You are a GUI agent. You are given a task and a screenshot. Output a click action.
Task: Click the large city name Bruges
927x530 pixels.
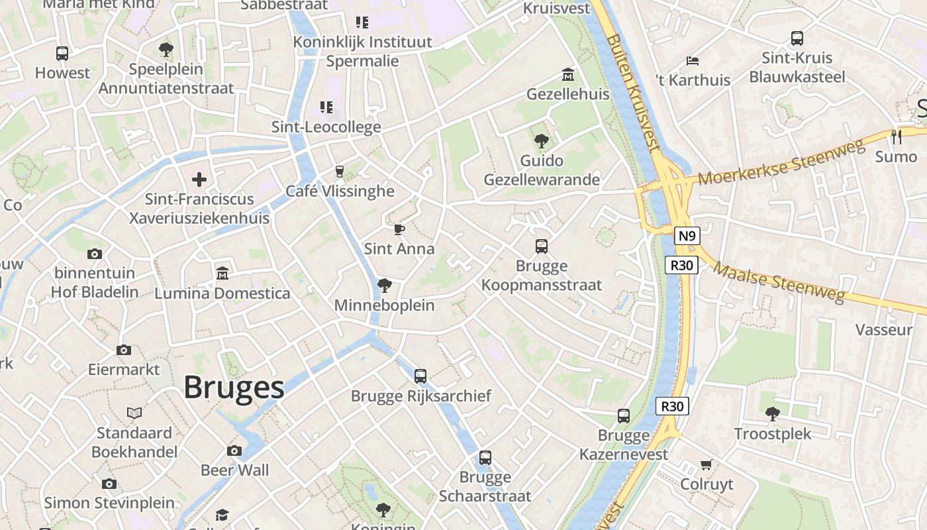(x=234, y=388)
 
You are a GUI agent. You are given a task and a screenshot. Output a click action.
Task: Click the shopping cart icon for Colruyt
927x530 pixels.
(x=707, y=464)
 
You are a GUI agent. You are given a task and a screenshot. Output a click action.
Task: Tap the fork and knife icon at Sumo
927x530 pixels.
(x=897, y=137)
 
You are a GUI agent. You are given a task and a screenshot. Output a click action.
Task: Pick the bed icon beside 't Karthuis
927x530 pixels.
(x=693, y=60)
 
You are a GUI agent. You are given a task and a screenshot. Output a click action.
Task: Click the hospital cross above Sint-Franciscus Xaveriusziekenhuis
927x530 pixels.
(x=199, y=179)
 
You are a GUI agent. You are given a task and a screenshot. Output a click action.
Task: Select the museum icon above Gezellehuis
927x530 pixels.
(x=567, y=74)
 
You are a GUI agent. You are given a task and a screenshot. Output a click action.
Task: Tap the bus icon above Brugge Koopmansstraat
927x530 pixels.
(x=542, y=246)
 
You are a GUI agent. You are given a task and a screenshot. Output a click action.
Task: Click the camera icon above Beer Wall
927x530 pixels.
(x=234, y=450)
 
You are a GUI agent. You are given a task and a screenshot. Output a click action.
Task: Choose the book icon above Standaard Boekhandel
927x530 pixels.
(x=134, y=413)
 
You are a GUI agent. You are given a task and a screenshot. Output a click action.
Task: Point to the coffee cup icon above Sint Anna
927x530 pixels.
(x=399, y=229)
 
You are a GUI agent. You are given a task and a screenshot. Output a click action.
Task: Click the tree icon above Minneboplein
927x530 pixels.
(x=384, y=286)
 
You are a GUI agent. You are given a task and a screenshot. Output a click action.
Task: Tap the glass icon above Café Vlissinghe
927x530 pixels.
(x=340, y=172)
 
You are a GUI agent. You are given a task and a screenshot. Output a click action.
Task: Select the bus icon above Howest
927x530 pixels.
(x=62, y=54)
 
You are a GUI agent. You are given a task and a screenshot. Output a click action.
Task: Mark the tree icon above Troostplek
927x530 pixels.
(x=772, y=414)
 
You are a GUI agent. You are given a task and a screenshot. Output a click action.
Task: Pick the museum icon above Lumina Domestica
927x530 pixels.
(x=222, y=273)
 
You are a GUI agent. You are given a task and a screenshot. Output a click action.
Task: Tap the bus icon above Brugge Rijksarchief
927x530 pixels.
(x=420, y=376)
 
